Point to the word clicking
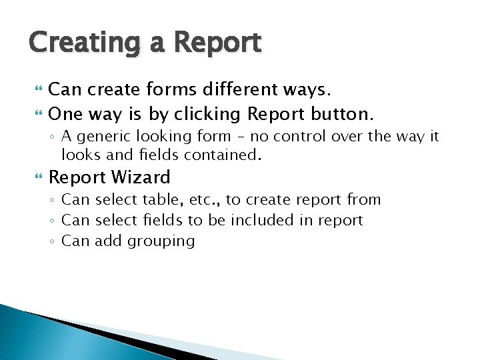[x=205, y=114]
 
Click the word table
[x=155, y=200]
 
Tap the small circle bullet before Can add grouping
[x=53, y=241]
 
